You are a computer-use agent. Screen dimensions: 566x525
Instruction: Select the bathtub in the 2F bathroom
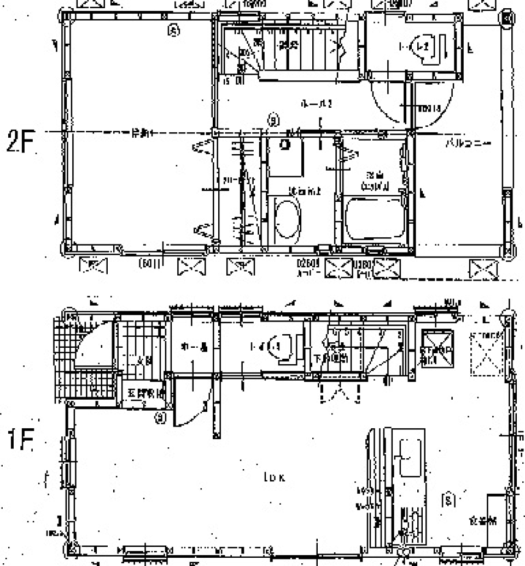click(x=376, y=218)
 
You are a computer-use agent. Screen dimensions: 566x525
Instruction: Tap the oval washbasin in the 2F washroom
click(x=286, y=219)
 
